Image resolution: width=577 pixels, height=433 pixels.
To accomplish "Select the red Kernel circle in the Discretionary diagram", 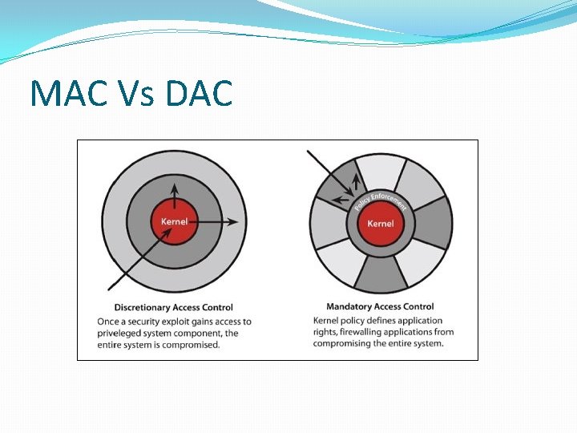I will click(175, 222).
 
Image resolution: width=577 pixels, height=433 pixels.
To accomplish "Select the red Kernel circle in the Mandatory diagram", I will click(381, 223).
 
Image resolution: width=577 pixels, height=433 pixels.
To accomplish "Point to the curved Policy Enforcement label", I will click(381, 200).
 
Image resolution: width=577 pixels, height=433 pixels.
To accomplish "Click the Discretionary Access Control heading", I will click(174, 307).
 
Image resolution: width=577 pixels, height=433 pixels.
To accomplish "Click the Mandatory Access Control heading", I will click(380, 306).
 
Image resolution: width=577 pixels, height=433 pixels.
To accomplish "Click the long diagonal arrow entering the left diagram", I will click(136, 261).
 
